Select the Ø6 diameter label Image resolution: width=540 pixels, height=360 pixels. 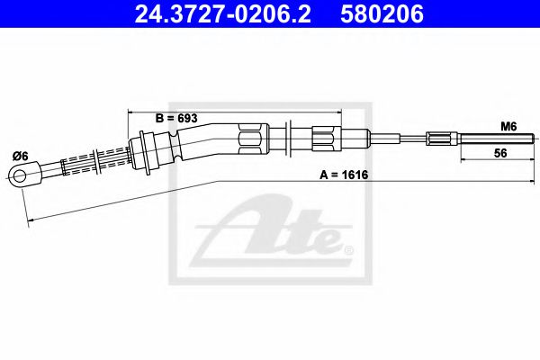tap(20, 156)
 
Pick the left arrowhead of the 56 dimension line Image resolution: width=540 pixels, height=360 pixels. tap(464, 161)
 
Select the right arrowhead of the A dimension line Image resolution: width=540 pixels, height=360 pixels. tap(531, 183)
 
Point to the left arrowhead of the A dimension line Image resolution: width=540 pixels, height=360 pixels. tap(29, 217)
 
